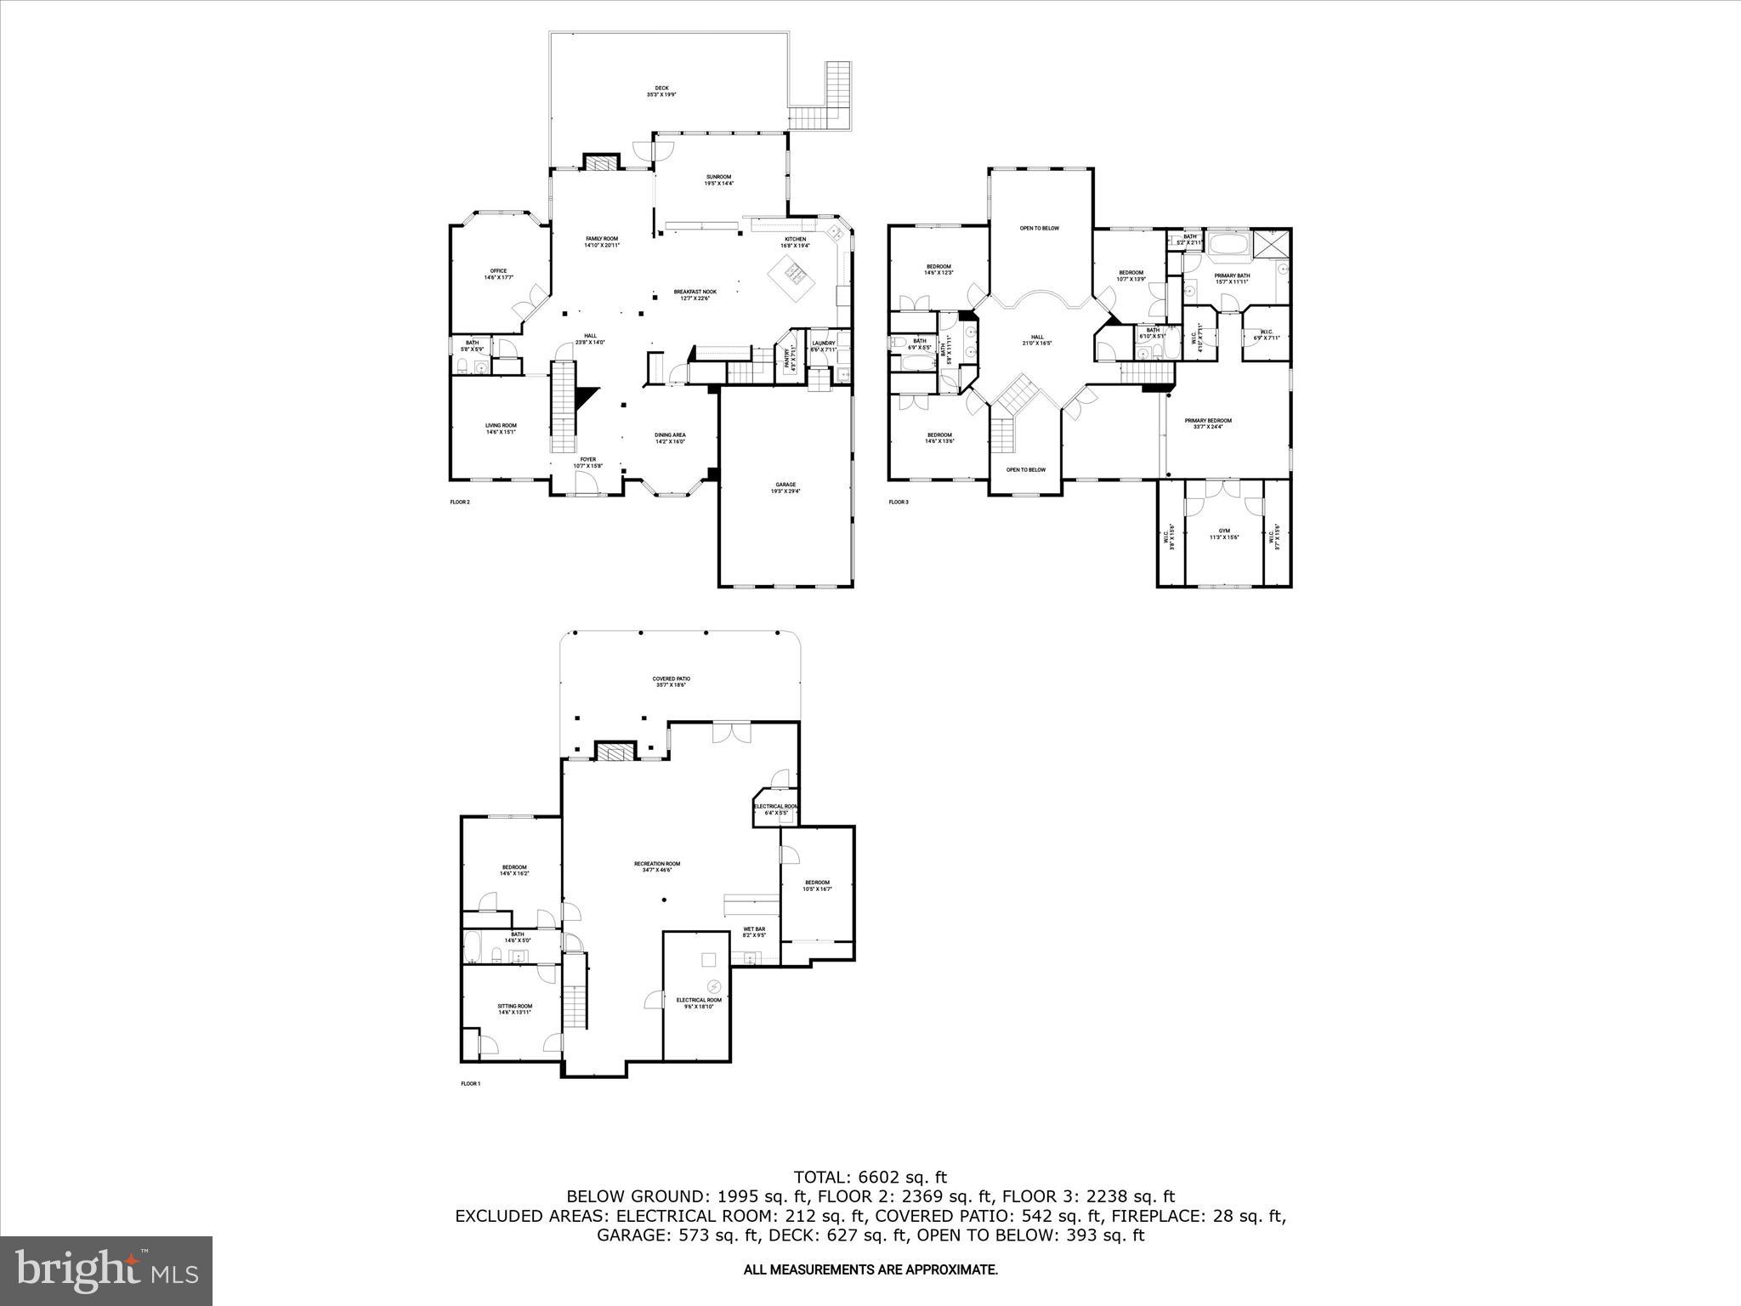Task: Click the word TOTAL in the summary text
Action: (x=821, y=1178)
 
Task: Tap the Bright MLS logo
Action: (x=106, y=1270)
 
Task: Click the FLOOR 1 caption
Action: (x=471, y=1084)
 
